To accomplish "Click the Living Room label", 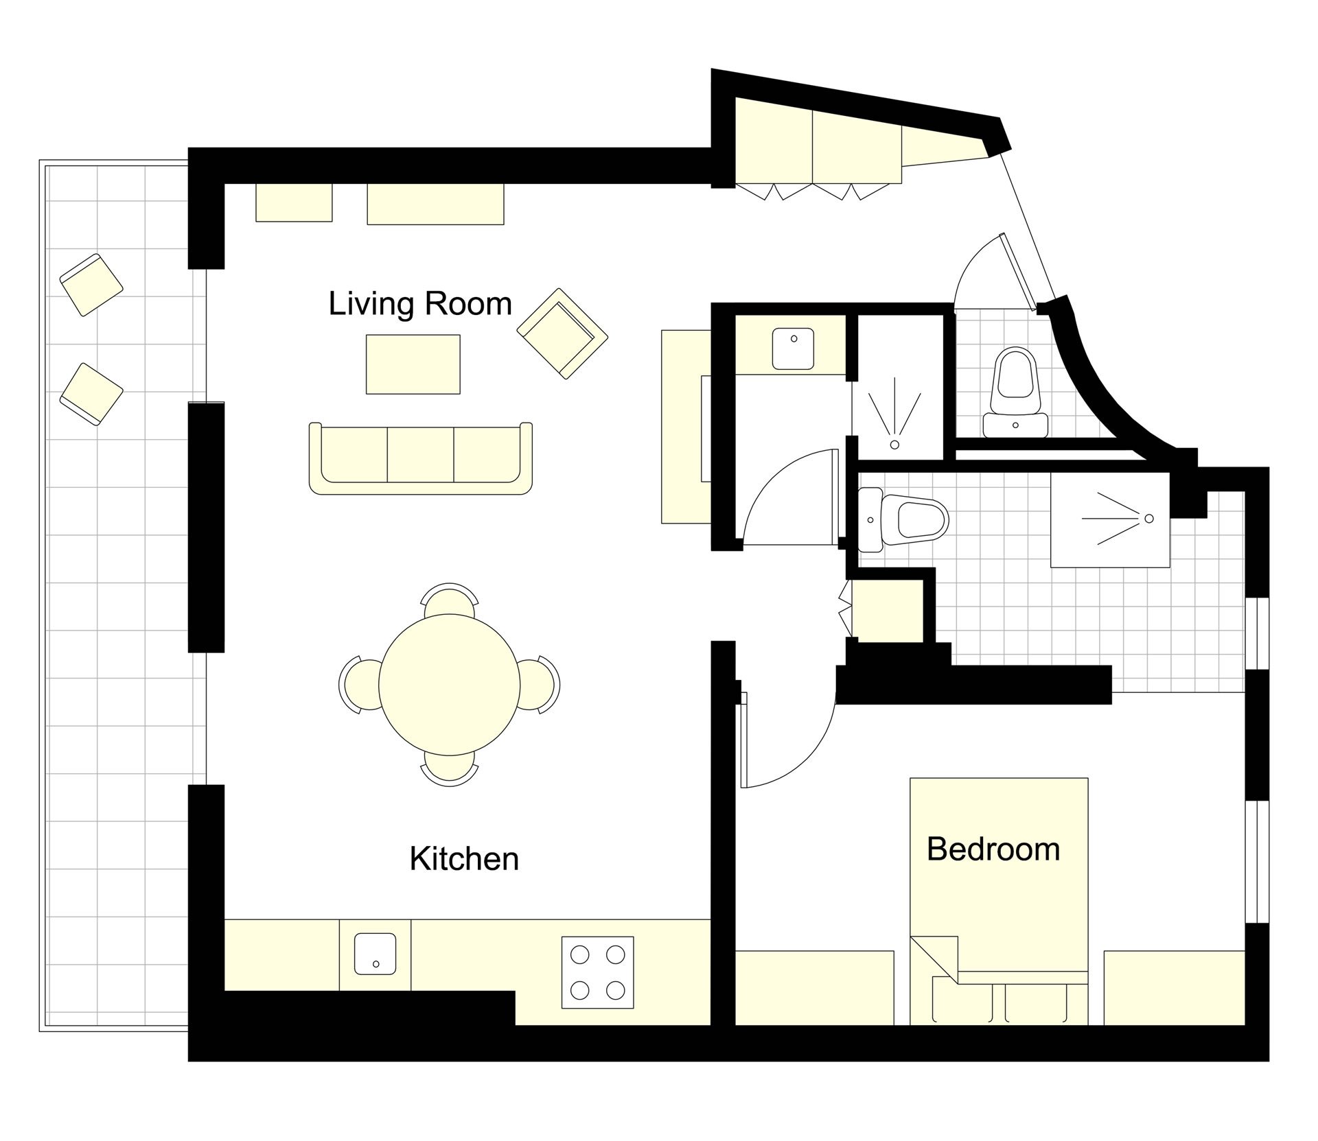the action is pos(420,304).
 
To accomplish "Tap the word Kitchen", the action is pos(464,859).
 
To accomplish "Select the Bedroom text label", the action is pos(993,849).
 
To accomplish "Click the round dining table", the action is pos(448,684).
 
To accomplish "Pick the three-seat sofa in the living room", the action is pos(421,458).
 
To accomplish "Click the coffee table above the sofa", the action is pos(413,364).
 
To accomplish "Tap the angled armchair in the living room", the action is pos(563,333).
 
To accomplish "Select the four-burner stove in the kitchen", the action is pos(597,972).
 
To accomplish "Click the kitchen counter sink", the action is pos(375,953).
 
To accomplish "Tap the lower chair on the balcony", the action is pos(91,395).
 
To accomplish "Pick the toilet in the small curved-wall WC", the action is pos(1015,394).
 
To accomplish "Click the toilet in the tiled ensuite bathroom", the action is pos(903,519).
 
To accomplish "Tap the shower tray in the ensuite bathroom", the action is pos(1110,519).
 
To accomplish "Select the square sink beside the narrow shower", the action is pos(794,349).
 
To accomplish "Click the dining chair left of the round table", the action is pos(358,684).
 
